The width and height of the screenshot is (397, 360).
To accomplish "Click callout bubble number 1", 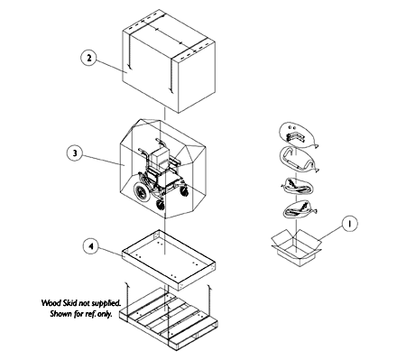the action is tap(349, 224).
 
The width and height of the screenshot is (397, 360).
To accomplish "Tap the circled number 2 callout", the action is tap(88, 58).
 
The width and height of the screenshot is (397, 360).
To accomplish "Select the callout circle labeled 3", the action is tap(75, 153).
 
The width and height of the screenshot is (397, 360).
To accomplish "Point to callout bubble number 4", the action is tap(91, 246).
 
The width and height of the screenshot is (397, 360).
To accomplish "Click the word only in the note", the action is tap(105, 315).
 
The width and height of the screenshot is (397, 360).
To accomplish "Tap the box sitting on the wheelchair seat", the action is tap(159, 157).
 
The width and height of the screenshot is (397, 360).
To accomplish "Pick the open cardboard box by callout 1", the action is tap(296, 247).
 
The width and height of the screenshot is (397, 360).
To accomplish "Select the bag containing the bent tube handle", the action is tap(298, 160).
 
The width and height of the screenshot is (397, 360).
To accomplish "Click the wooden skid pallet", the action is tap(169, 318).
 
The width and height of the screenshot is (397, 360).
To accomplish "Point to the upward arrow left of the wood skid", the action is tap(127, 300).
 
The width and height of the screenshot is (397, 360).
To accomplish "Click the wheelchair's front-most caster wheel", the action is tap(161, 205).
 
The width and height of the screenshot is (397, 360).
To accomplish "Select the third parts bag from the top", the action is tap(297, 186).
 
